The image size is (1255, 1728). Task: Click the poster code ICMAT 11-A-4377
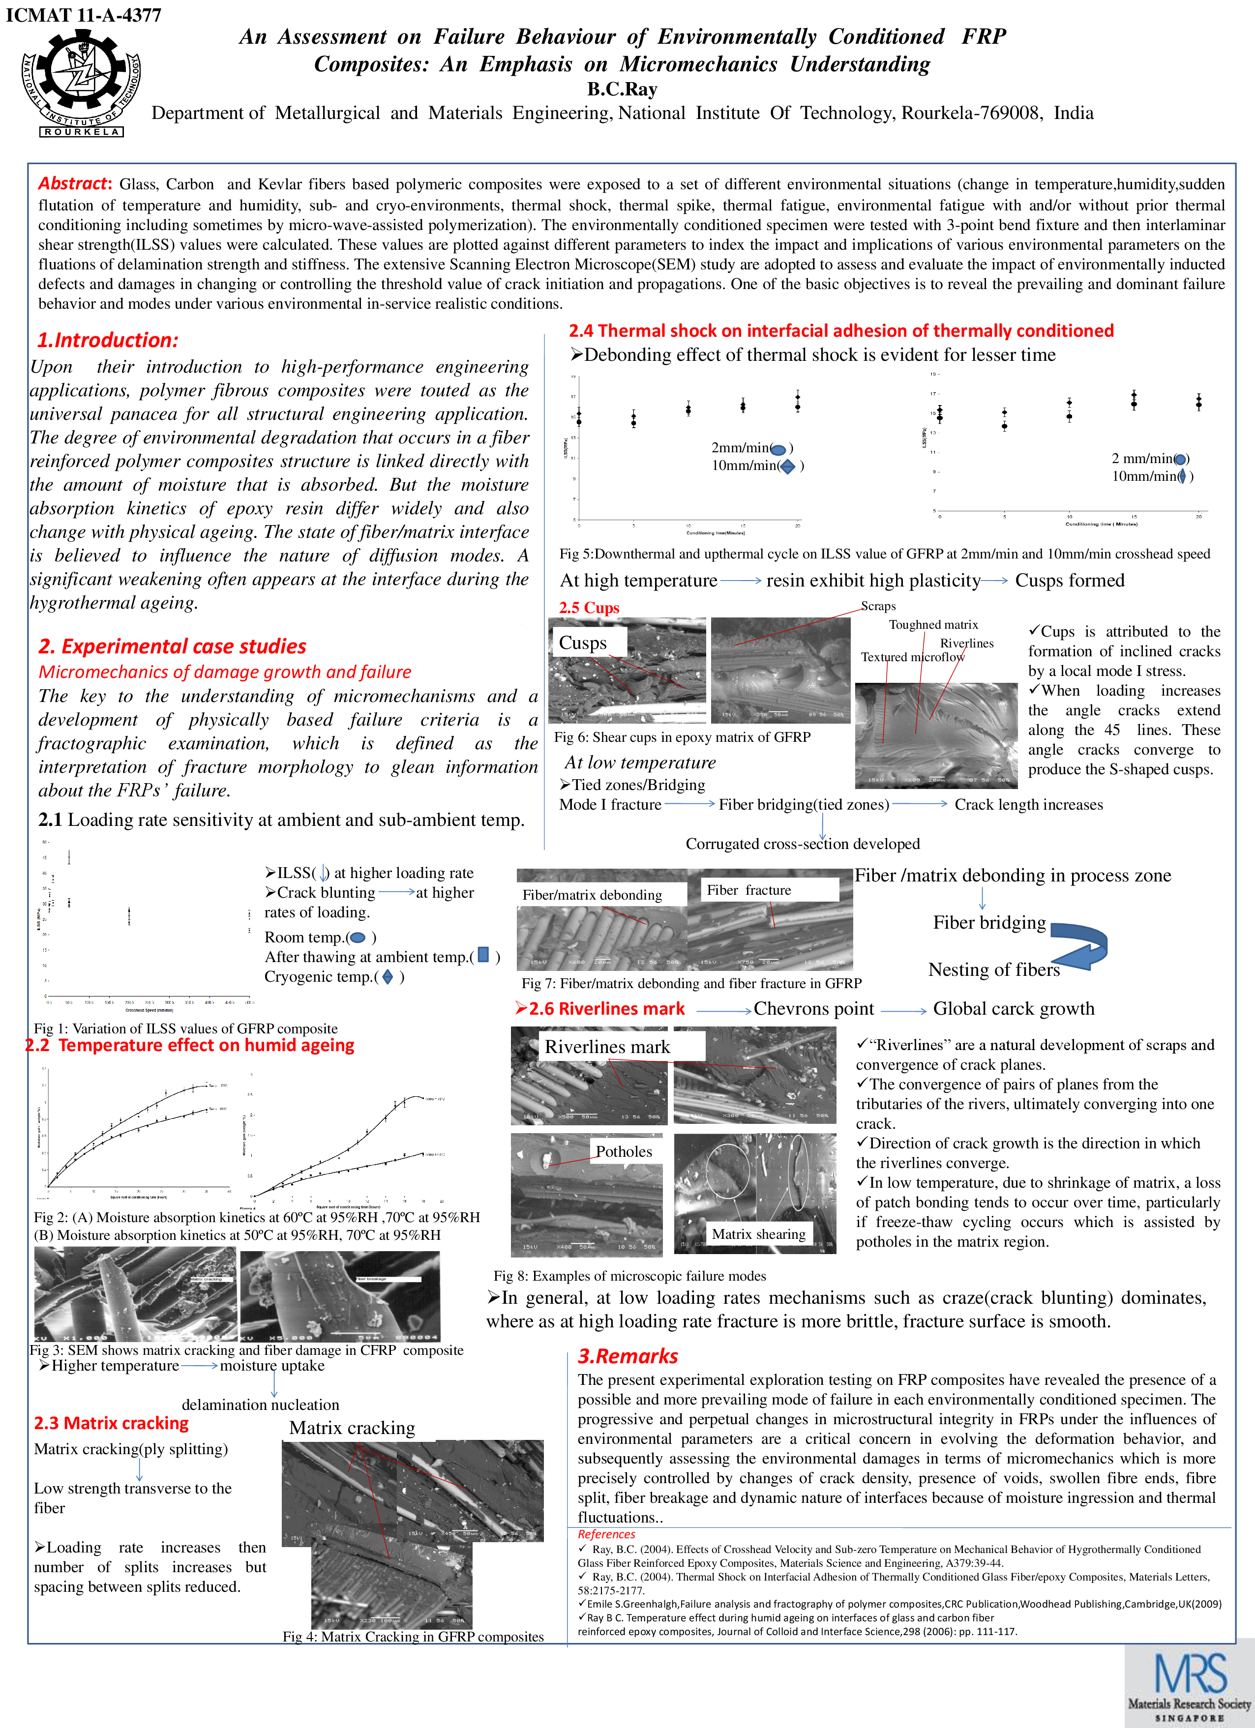83,15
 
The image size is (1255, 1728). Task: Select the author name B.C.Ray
622,89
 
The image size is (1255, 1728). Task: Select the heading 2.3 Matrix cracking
111,1423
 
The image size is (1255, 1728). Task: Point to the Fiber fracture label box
748,890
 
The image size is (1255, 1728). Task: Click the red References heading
606,1534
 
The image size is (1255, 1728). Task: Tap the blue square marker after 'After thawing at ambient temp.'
483,955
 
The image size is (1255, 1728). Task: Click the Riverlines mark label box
607,1047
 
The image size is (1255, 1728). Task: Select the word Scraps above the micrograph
878,606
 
